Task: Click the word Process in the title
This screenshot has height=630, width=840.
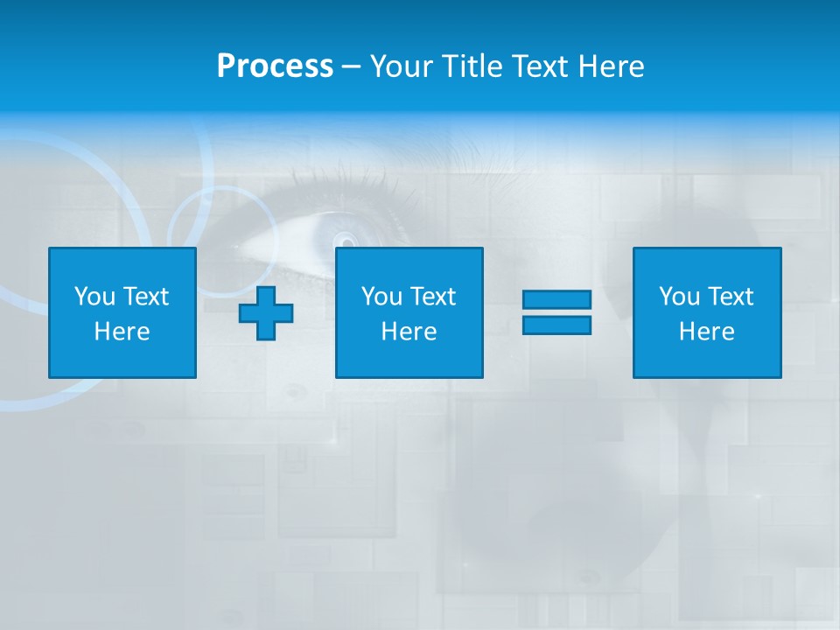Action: (x=275, y=66)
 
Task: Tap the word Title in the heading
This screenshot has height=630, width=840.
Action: (x=472, y=66)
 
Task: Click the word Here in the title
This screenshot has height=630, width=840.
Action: (x=610, y=66)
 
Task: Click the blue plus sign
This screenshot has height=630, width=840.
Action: (x=266, y=313)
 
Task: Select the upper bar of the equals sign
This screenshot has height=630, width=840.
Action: (x=556, y=300)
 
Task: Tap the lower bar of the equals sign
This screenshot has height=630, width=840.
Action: (x=556, y=325)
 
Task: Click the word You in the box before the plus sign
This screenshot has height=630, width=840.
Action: (x=94, y=297)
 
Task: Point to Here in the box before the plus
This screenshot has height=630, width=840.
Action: (x=122, y=332)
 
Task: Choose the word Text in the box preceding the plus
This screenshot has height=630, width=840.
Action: (x=145, y=297)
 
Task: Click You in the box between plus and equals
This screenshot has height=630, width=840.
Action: (x=381, y=297)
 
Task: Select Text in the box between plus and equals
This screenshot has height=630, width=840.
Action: (x=432, y=297)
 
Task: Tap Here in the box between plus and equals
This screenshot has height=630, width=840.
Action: (x=409, y=332)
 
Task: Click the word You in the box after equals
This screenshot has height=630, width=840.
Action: (x=679, y=297)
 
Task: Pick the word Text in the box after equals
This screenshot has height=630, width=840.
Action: (x=730, y=297)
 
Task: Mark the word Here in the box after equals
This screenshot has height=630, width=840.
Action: (x=706, y=332)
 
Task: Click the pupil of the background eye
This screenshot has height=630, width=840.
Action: (x=346, y=240)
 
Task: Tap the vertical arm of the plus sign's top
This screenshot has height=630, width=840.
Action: (x=266, y=296)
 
